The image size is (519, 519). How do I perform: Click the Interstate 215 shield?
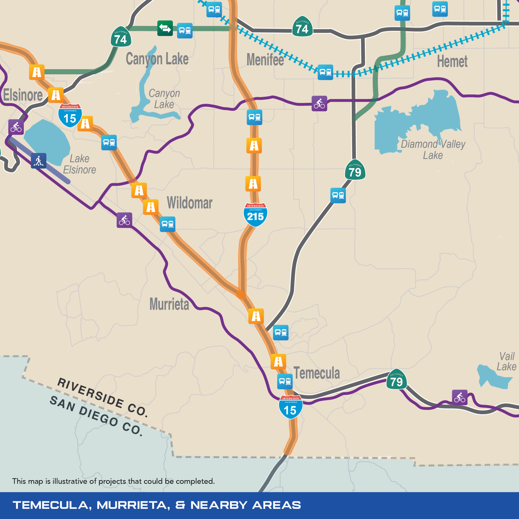coord(255,215)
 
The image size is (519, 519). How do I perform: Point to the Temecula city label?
coord(317,373)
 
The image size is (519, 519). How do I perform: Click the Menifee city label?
coord(265,59)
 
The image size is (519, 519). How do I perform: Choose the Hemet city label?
coord(452,61)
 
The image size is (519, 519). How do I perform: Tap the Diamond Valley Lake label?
coord(433,150)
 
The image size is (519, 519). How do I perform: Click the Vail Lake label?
coord(506,361)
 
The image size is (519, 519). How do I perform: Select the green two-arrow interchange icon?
coord(165,28)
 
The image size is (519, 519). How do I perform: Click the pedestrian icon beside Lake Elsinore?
coord(39,161)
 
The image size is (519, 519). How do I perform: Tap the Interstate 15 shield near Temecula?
coord(291,407)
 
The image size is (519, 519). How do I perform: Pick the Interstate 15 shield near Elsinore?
coord(70,116)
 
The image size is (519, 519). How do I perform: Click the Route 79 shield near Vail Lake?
coord(397,379)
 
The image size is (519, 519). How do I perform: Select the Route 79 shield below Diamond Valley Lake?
coord(355,170)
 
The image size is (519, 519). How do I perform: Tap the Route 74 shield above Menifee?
coord(302,26)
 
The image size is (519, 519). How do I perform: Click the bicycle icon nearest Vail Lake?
coord(460,397)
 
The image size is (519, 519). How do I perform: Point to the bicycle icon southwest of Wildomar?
coord(124,220)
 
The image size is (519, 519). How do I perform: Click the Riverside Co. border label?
coord(103,397)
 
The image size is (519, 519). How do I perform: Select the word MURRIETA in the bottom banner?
coord(133,505)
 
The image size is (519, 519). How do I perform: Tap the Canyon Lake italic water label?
coord(164,99)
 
